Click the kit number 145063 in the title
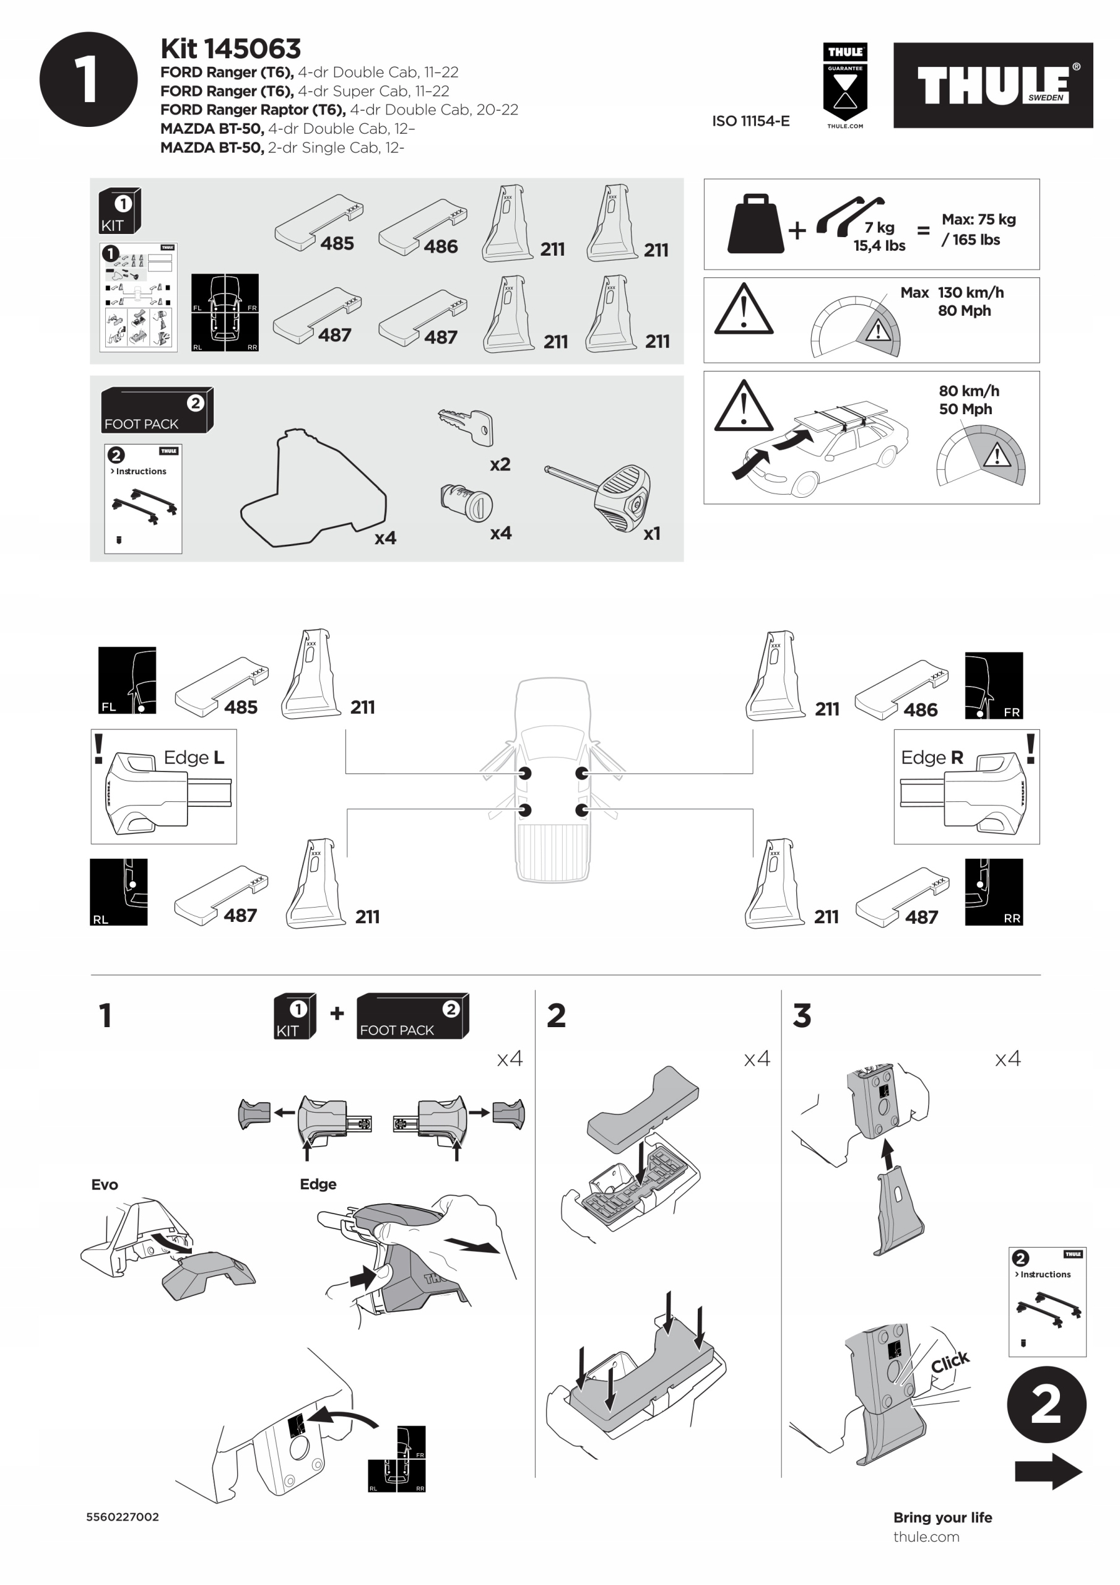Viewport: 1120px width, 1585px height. click(x=252, y=48)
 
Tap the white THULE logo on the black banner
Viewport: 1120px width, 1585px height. click(x=992, y=85)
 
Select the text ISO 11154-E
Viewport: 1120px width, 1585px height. click(x=750, y=121)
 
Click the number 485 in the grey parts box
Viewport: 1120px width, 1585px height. click(x=336, y=244)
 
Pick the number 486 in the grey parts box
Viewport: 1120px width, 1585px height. click(x=441, y=246)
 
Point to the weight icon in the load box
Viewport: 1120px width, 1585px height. click(x=755, y=224)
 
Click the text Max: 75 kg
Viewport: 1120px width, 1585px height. click(x=978, y=220)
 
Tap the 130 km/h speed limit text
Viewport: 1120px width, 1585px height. click(x=970, y=293)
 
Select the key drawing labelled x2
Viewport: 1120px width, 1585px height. click(x=466, y=426)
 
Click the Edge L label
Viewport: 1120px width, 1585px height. click(x=193, y=757)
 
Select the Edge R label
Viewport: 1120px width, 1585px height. click(x=932, y=757)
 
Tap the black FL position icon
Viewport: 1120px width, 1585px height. click(x=127, y=680)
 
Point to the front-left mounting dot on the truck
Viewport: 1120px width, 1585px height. click(x=525, y=773)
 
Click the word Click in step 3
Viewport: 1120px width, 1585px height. click(x=950, y=1362)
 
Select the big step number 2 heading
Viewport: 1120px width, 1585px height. click(x=556, y=1015)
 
